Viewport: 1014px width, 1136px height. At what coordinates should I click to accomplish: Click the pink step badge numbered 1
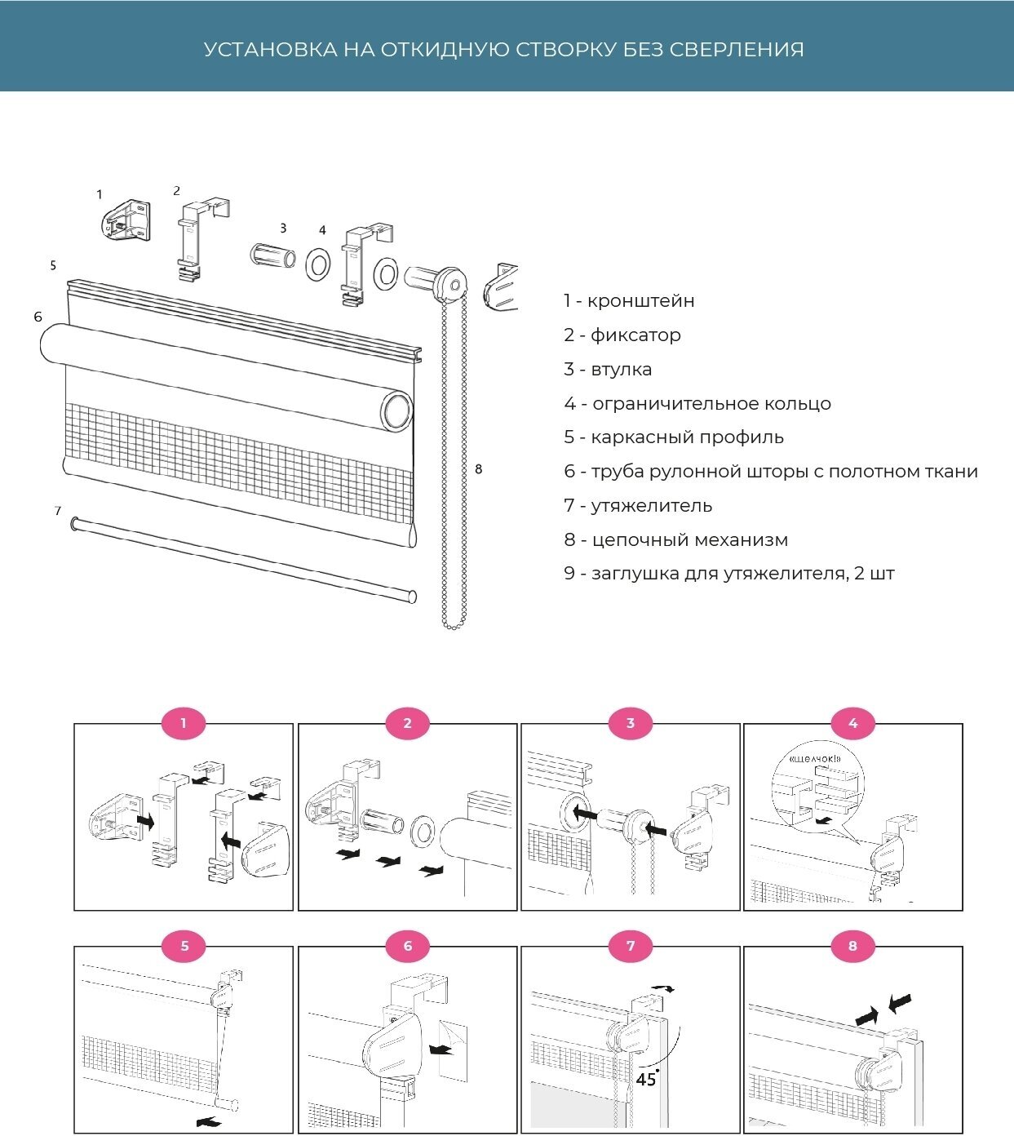pos(184,723)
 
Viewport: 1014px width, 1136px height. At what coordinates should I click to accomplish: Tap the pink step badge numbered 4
pos(853,723)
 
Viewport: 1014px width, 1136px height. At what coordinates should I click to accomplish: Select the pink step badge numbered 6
pos(408,946)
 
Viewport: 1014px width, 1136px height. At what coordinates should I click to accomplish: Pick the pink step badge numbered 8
pos(853,946)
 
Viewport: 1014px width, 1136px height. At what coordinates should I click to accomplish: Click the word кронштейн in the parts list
pos(641,301)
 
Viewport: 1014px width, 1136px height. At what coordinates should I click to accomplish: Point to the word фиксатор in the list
pos(635,335)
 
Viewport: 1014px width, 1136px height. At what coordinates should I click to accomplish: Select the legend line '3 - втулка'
pos(608,370)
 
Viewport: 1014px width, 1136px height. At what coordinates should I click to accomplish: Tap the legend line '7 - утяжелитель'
pos(638,506)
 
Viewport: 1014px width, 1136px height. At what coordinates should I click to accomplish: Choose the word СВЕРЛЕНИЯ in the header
pos(737,50)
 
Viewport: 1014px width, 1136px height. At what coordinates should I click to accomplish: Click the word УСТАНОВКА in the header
pos(270,50)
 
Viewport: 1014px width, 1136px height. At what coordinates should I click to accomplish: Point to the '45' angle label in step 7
pos(646,1080)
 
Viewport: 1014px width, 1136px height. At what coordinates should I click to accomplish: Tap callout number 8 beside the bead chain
pos(478,469)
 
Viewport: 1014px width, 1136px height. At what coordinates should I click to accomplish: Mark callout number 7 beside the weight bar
pos(58,511)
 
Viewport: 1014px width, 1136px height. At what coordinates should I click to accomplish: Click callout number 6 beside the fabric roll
pos(38,317)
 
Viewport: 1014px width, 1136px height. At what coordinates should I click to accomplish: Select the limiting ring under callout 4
pos(317,264)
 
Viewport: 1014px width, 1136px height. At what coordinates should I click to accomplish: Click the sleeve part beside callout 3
pos(273,255)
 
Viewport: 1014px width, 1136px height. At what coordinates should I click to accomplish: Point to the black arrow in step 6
pos(442,1050)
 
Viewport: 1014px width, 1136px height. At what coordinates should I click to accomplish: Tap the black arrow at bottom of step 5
pos(209,1123)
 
